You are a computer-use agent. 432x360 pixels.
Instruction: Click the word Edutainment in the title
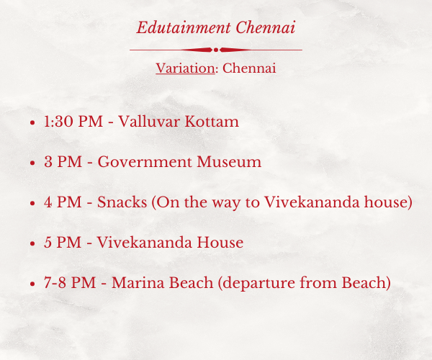pyautogui.click(x=183, y=27)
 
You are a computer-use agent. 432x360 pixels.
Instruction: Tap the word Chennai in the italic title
pyautogui.click(x=265, y=27)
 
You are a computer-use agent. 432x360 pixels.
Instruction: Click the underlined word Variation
pyautogui.click(x=185, y=68)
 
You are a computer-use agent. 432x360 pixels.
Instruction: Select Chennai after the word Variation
pyautogui.click(x=249, y=68)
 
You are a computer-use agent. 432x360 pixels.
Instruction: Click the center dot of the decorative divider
pyautogui.click(x=216, y=50)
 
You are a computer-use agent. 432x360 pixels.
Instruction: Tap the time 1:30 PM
pyautogui.click(x=73, y=122)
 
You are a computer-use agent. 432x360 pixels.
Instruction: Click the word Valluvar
pyautogui.click(x=149, y=122)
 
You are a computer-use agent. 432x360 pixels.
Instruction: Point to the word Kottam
pyautogui.click(x=212, y=122)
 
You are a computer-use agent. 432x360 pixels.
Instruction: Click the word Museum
pyautogui.click(x=229, y=162)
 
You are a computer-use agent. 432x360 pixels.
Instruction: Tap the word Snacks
pyautogui.click(x=122, y=202)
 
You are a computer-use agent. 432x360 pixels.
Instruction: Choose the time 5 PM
pyautogui.click(x=63, y=243)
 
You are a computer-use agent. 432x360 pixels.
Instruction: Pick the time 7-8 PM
pyautogui.click(x=70, y=283)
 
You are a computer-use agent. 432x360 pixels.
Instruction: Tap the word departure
pyautogui.click(x=258, y=284)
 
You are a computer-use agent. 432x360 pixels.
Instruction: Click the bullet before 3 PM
pyautogui.click(x=32, y=163)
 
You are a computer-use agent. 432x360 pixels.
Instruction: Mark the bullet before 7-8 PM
pyautogui.click(x=32, y=284)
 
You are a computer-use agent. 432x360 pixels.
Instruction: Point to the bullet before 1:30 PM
pyautogui.click(x=32, y=122)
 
